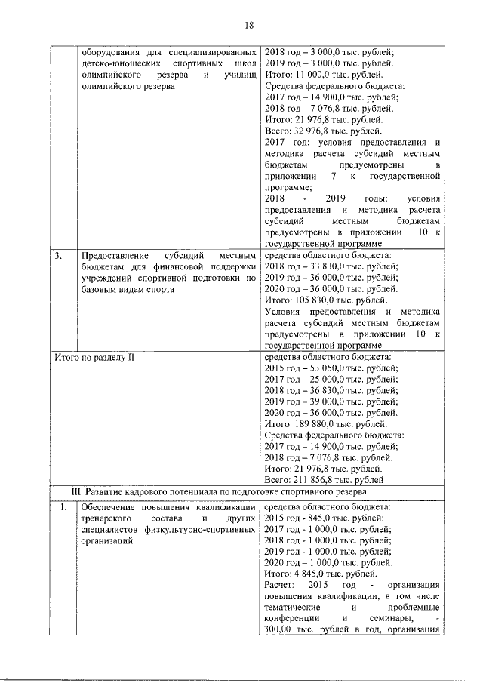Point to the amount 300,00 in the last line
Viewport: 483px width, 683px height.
[280, 630]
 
